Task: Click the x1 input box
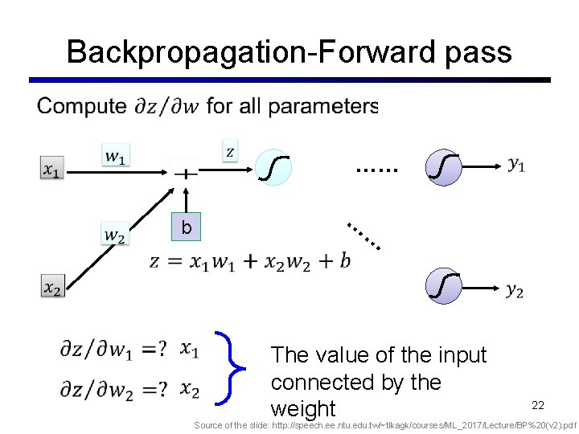(x=51, y=170)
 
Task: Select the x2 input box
(x=52, y=286)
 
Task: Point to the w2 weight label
(x=114, y=235)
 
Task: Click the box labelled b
(x=187, y=227)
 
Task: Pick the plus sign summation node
(x=185, y=172)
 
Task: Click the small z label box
(x=230, y=150)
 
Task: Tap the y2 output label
(x=515, y=290)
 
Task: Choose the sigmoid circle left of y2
(x=445, y=287)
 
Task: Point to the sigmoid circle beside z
(x=274, y=168)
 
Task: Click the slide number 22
(x=538, y=404)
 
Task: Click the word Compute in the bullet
(x=82, y=106)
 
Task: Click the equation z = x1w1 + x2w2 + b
(x=250, y=261)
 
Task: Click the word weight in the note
(x=303, y=408)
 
